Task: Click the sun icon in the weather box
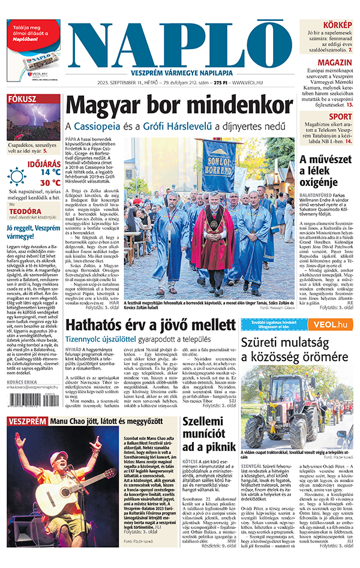tap(17, 176)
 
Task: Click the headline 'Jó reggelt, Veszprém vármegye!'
tap(33, 233)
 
